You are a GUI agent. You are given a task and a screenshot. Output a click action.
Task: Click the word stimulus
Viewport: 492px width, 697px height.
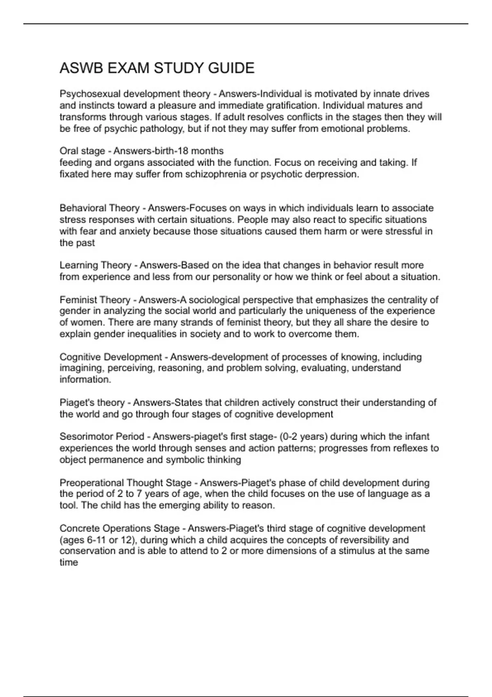[x=356, y=551]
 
